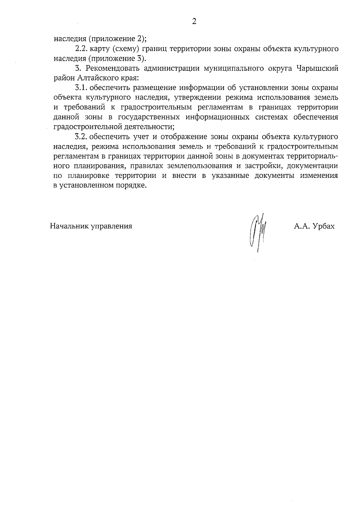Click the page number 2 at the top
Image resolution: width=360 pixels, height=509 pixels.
coord(194,22)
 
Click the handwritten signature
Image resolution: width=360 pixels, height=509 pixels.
coord(258,231)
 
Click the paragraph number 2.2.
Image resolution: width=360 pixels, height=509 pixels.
coord(81,49)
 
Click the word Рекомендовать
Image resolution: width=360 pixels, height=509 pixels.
coord(113,68)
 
